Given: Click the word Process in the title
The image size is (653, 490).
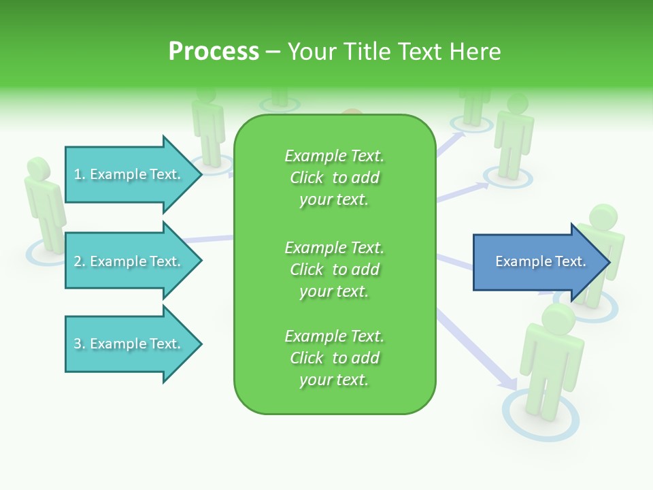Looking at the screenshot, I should coord(214,51).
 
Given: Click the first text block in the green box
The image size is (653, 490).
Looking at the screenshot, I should coord(334,178).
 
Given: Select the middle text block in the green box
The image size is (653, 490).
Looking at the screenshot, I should coord(334,269).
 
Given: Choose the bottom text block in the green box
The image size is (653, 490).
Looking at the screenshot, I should coord(334,358).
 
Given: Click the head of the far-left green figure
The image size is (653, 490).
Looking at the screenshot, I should coord(38,169).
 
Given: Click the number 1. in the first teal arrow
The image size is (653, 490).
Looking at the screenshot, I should coord(80,174).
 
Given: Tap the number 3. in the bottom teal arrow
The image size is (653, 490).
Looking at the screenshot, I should coord(80,344).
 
